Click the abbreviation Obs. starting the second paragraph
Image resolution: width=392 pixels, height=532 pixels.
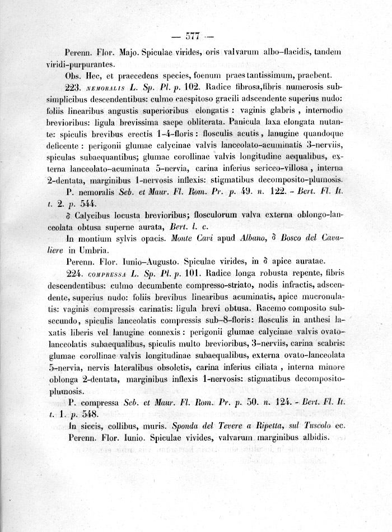click(74, 75)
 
